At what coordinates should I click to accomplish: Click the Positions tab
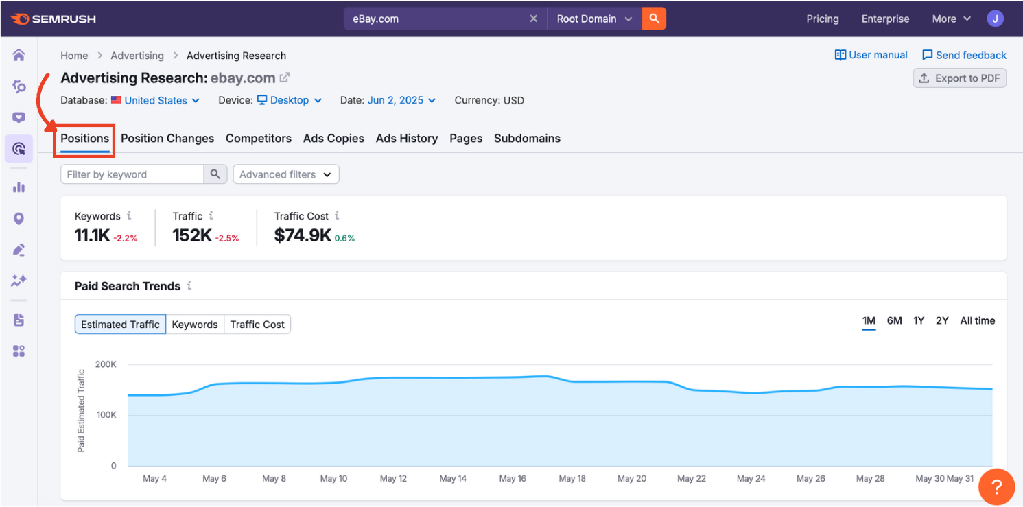tap(84, 139)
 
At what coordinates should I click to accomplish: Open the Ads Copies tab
tap(333, 139)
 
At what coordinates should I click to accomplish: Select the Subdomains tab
tap(527, 139)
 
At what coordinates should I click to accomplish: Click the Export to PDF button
tap(960, 78)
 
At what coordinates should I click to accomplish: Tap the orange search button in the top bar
tap(654, 19)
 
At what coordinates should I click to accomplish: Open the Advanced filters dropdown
tap(285, 175)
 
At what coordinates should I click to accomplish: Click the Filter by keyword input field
tap(132, 175)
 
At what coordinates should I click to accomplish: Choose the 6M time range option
tap(894, 321)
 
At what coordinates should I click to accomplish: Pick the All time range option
tap(977, 321)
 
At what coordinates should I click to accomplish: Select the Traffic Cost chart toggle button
tap(257, 325)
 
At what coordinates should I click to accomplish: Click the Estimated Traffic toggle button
tap(120, 325)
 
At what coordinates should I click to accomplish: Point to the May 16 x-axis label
tap(513, 479)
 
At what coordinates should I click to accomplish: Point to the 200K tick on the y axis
tap(106, 364)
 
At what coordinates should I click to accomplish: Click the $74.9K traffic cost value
tap(303, 236)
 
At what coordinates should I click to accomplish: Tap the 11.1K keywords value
tap(92, 236)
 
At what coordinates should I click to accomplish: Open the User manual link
tap(871, 56)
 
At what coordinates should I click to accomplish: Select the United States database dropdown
tap(156, 101)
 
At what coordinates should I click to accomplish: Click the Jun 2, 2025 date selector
tap(401, 101)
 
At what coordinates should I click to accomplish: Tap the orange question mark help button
tap(996, 488)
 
